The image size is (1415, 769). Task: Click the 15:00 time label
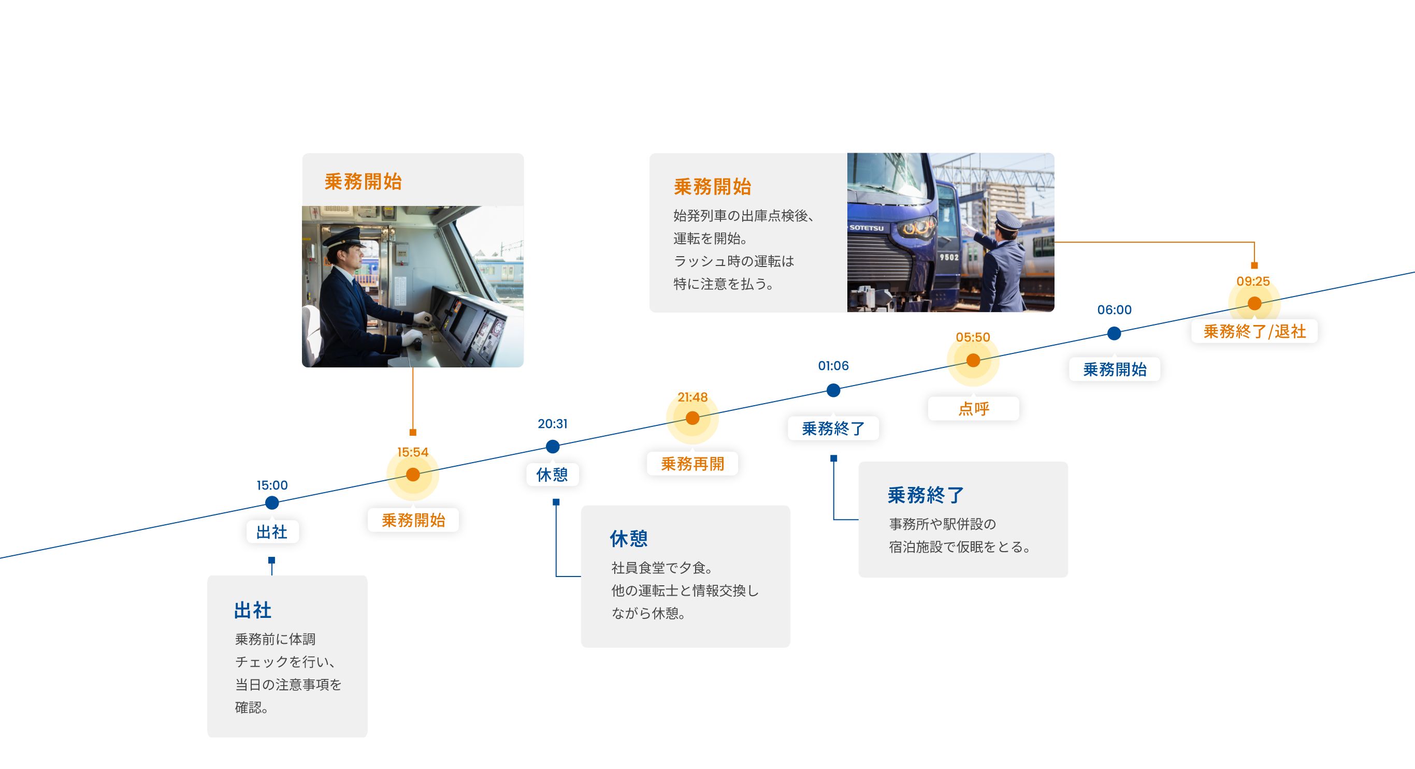click(x=272, y=485)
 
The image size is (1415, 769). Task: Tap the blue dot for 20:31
click(x=553, y=447)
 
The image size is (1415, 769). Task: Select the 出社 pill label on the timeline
click(x=272, y=531)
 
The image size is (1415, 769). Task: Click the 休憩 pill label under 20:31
click(x=552, y=475)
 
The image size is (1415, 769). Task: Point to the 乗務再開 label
click(x=692, y=464)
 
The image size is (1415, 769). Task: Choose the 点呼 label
click(x=973, y=409)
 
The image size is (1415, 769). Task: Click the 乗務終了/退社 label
click(x=1254, y=332)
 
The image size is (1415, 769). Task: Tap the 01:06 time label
click(x=833, y=365)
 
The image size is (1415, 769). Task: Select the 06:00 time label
click(x=1114, y=309)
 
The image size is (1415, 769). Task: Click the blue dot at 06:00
click(x=1114, y=333)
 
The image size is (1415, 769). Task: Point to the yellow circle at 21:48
click(x=692, y=418)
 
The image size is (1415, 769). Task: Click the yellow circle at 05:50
click(x=973, y=360)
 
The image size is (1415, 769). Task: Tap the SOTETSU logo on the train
click(x=867, y=228)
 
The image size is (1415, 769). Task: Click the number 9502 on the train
click(x=949, y=257)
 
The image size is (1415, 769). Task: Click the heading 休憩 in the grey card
click(x=628, y=539)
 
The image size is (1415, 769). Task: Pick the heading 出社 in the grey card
click(x=253, y=610)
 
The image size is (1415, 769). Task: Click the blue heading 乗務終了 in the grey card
click(x=926, y=495)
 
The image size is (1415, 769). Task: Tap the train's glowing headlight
click(x=916, y=227)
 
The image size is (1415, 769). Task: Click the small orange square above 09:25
click(x=1254, y=265)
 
